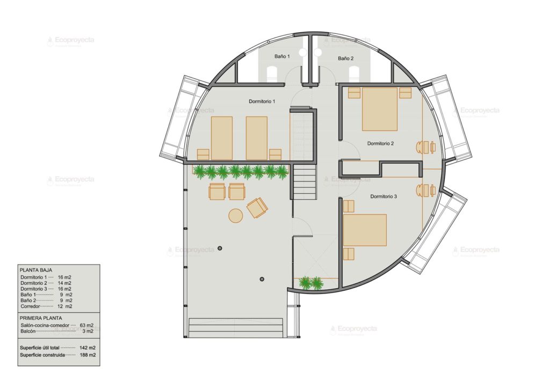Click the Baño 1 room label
pos(282,56)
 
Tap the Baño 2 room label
pos(346,58)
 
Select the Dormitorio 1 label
pos(262,101)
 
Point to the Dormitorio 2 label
pos(381,143)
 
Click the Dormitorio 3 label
pos(383,196)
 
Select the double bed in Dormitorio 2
pos(380,109)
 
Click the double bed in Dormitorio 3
pos(365,230)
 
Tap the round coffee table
pos(236,215)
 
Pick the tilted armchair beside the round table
pos(257,207)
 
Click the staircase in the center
pos(305,181)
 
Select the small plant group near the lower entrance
pos(310,282)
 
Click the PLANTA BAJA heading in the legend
pos(35,270)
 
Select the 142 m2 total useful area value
pos(88,348)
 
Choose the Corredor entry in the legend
pos(31,306)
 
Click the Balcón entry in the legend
pos(28,332)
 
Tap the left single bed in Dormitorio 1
pos(221,138)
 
